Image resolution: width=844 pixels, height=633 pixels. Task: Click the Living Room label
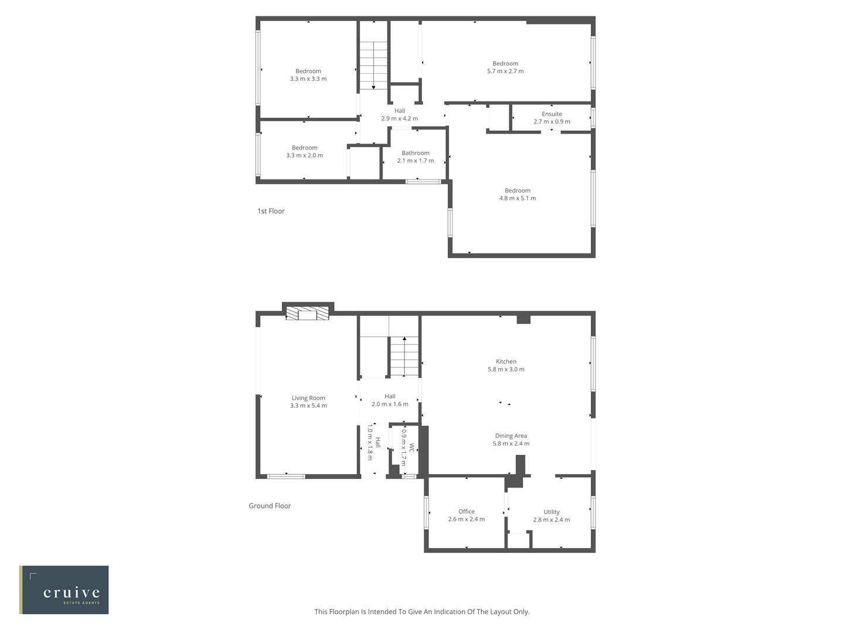point(308,398)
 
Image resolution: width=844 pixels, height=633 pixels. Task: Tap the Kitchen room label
point(506,362)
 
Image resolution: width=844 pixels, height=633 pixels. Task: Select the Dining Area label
point(511,435)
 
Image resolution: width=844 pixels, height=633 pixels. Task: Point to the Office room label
point(467,511)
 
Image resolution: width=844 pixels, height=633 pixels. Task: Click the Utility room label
point(551,512)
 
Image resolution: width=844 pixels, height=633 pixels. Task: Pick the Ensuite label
point(552,114)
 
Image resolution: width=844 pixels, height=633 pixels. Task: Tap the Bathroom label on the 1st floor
point(416,153)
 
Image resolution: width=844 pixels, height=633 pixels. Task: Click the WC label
point(412,448)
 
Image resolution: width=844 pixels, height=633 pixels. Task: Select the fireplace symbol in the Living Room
point(307,315)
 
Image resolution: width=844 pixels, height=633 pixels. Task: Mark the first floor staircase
point(373,65)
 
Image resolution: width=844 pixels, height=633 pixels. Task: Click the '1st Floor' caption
point(271,211)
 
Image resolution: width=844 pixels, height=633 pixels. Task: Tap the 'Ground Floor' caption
point(270,506)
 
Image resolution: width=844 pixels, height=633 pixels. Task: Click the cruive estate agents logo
point(64,590)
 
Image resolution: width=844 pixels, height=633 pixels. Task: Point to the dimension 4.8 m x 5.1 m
point(517,198)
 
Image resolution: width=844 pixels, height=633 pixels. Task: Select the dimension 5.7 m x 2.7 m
point(505,71)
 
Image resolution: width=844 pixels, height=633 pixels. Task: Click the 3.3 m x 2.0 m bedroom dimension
point(304,155)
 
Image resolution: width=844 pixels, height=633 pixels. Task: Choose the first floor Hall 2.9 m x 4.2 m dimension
point(399,118)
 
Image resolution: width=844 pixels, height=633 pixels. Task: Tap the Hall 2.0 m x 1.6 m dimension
point(390,404)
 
